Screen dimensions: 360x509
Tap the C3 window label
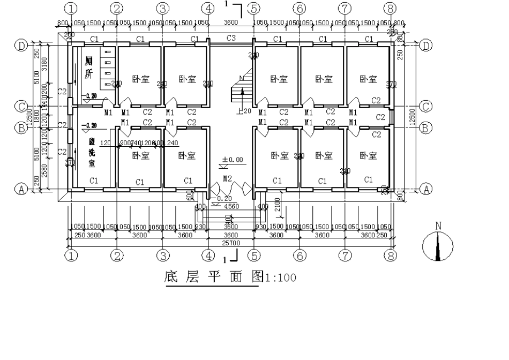[231, 38]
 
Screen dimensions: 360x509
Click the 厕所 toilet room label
[88, 67]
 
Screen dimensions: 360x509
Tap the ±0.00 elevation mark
[232, 159]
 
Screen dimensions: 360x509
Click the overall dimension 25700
[231, 243]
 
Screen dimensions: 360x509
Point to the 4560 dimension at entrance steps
[231, 206]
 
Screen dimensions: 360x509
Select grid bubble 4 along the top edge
[208, 8]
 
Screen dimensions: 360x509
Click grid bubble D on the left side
[22, 46]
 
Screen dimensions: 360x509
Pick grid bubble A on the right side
[426, 189]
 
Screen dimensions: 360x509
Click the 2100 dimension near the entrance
[277, 204]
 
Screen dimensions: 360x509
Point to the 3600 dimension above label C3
[231, 22]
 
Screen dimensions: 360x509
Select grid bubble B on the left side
[22, 127]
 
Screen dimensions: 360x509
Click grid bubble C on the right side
[426, 106]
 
